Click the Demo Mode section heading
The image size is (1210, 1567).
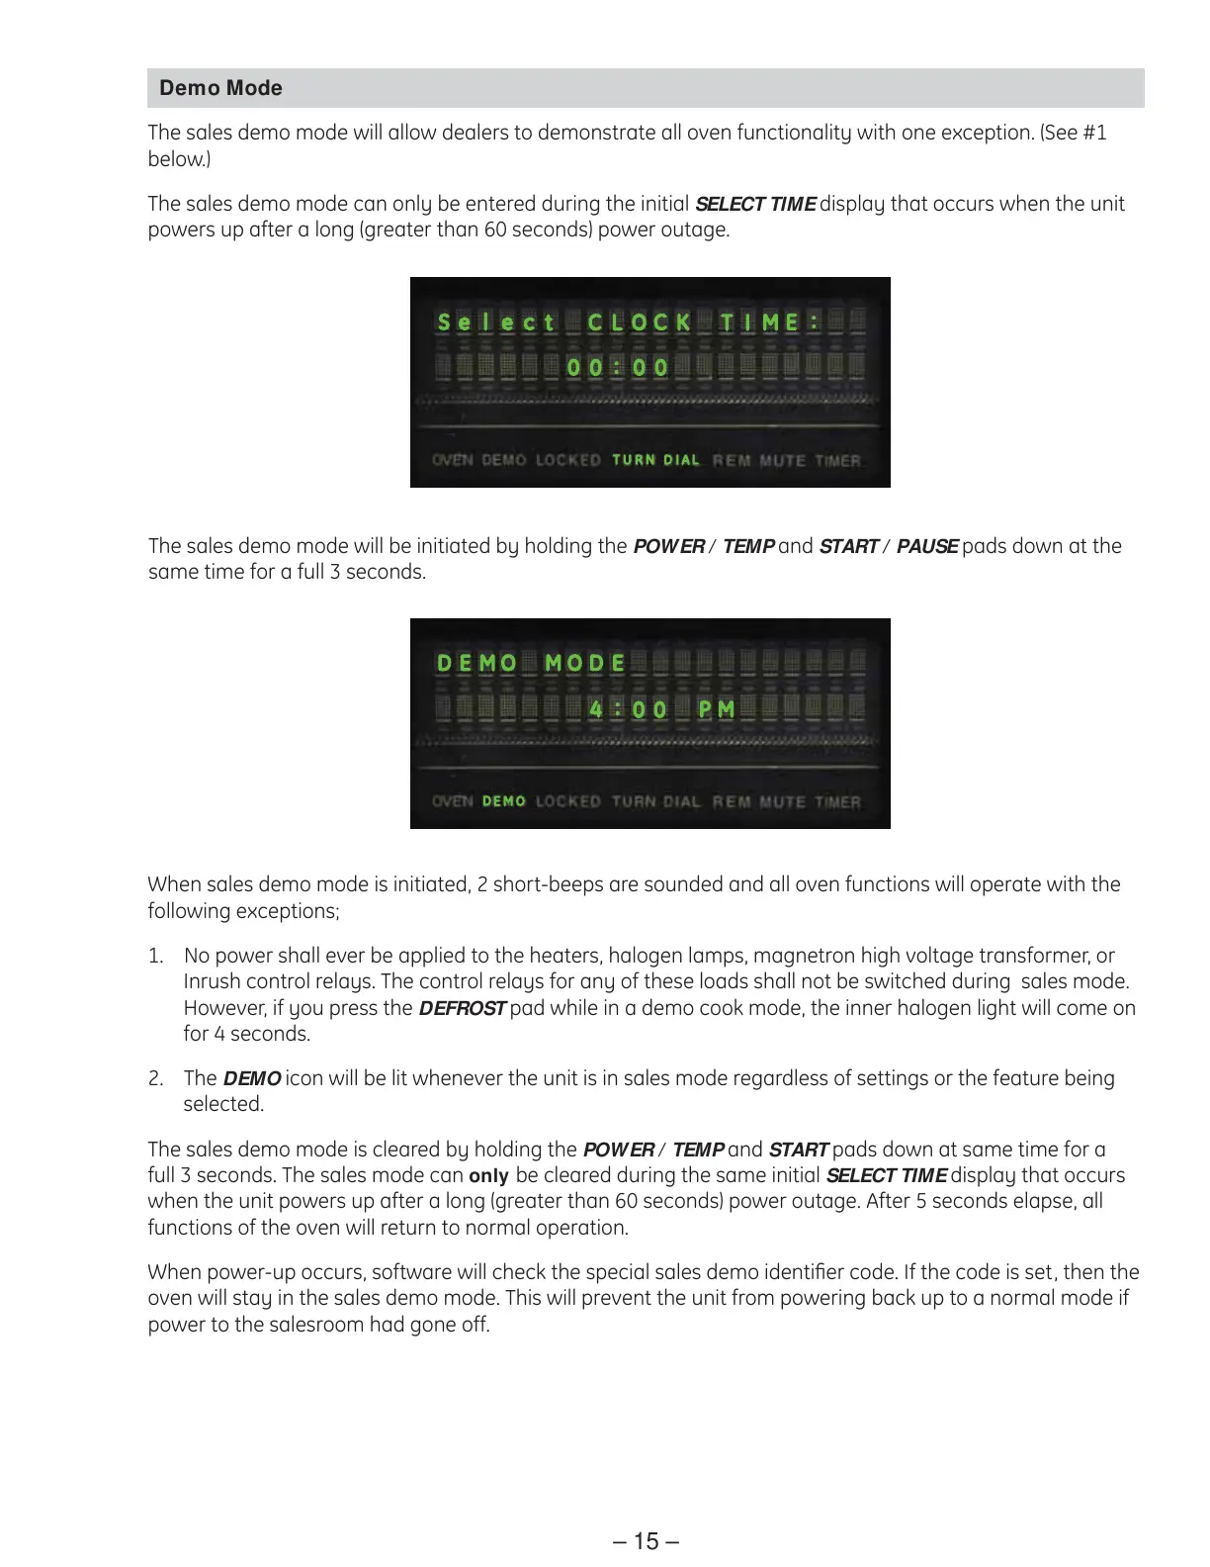click(220, 88)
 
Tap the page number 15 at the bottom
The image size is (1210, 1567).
click(646, 1541)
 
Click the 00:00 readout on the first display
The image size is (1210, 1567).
click(618, 368)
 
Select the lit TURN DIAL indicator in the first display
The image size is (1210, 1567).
click(655, 460)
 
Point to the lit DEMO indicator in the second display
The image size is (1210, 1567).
click(503, 801)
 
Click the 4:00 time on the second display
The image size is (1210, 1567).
click(628, 709)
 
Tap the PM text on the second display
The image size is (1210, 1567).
click(717, 709)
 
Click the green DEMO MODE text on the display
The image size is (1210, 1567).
click(531, 663)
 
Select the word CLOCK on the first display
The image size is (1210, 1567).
click(639, 323)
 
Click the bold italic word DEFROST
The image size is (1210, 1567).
click(462, 1008)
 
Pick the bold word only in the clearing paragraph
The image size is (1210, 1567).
click(488, 1175)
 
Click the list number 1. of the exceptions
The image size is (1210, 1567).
click(155, 956)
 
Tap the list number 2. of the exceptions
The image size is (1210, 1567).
click(155, 1078)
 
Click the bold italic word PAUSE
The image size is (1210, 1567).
click(926, 546)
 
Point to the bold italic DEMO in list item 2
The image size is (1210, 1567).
click(251, 1078)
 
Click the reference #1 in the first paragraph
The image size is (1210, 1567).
click(1094, 133)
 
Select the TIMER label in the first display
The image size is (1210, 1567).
click(837, 460)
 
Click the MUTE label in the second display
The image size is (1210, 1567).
click(782, 801)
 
